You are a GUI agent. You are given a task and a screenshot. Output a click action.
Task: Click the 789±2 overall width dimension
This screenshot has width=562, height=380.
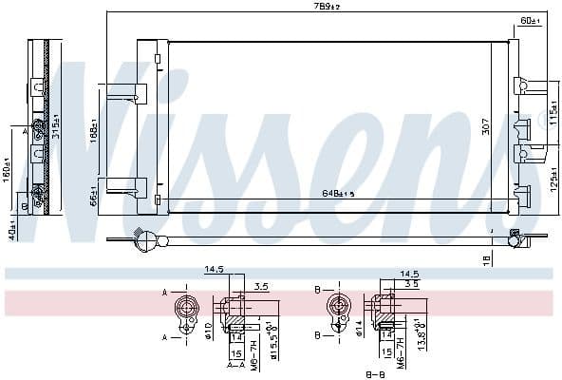coord(327,8)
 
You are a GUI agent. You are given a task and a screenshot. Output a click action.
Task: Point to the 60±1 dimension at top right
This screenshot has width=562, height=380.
coord(529,19)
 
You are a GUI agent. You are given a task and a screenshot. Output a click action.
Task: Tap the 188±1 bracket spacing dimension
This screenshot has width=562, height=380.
coord(94,131)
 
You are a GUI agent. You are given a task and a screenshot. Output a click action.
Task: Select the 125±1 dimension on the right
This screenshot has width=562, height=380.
coord(553,178)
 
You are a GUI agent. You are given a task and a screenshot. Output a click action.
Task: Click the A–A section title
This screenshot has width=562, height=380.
coord(235,363)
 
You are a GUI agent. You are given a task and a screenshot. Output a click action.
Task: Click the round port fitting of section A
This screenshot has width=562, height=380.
coord(185,310)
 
